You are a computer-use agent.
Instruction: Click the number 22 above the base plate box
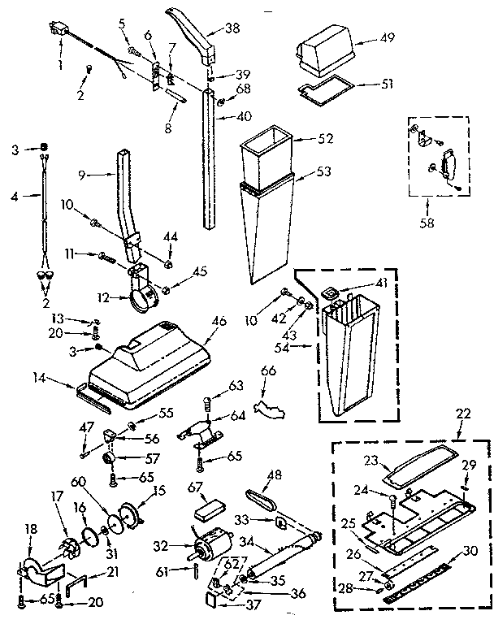point(464,414)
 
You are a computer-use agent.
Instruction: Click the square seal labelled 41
point(331,292)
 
